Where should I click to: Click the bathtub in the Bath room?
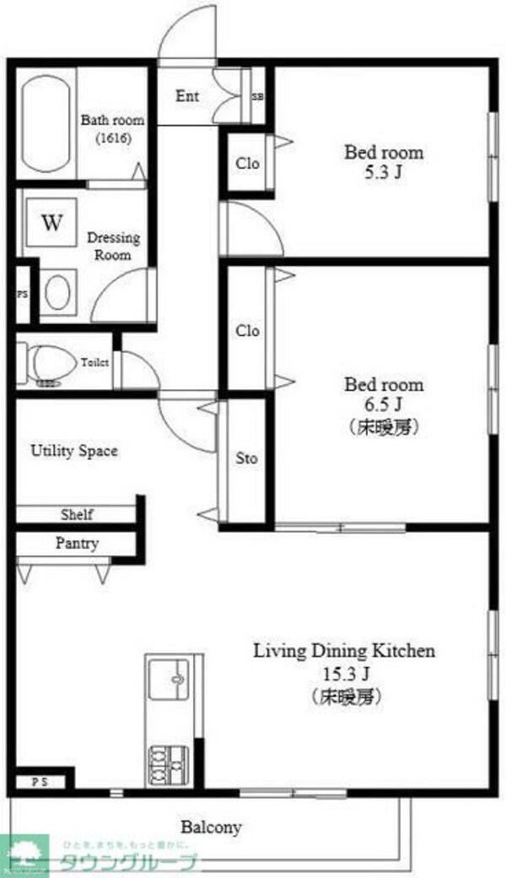[x=47, y=124]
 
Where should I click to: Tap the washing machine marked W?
[x=52, y=224]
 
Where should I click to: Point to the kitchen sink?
[x=175, y=678]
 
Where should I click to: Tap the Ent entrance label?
[x=187, y=96]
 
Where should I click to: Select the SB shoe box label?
[x=257, y=96]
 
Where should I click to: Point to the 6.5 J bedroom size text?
[x=384, y=405]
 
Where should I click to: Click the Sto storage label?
[x=246, y=459]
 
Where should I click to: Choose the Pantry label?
[x=77, y=544]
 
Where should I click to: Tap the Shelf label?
[x=77, y=514]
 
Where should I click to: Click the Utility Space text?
[x=74, y=451]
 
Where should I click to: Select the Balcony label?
[x=212, y=827]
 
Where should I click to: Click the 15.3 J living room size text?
[x=345, y=674]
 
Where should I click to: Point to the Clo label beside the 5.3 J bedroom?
[x=247, y=164]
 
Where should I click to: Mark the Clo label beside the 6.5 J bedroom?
[x=247, y=331]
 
